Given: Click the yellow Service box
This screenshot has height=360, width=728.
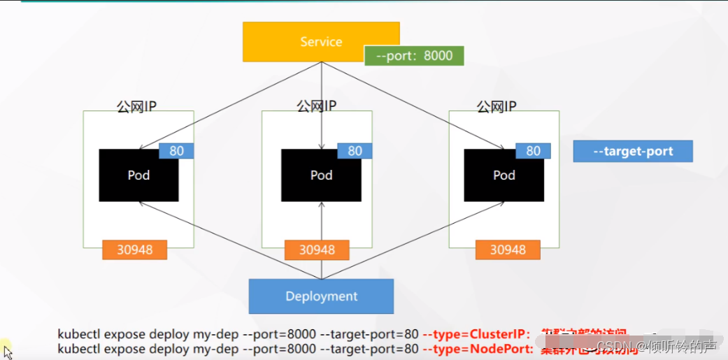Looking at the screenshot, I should tap(321, 41).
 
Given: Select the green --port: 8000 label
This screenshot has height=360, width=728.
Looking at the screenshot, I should tap(414, 56).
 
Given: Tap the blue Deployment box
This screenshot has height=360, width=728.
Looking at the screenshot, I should tap(321, 296).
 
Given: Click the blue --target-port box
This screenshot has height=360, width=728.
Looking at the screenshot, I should tap(633, 151).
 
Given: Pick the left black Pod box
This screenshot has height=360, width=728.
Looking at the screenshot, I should tap(138, 175).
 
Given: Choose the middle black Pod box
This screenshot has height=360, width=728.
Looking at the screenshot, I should tap(321, 175).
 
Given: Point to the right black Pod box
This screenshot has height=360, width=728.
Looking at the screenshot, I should tap(504, 175).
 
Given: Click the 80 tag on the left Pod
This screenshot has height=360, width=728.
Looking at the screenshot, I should tap(176, 151).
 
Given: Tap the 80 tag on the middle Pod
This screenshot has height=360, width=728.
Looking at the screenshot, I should tap(355, 151).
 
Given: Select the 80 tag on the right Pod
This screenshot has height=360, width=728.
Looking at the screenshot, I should tap(533, 151).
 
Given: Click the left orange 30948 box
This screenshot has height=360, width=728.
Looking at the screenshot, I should tap(134, 250).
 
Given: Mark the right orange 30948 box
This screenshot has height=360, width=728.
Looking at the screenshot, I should tap(508, 250).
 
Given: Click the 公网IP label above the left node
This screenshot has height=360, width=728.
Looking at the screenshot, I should tap(136, 107).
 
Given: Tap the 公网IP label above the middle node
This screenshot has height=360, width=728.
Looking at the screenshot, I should tap(317, 106).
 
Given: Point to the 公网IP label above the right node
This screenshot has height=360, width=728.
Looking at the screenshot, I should tap(497, 106).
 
